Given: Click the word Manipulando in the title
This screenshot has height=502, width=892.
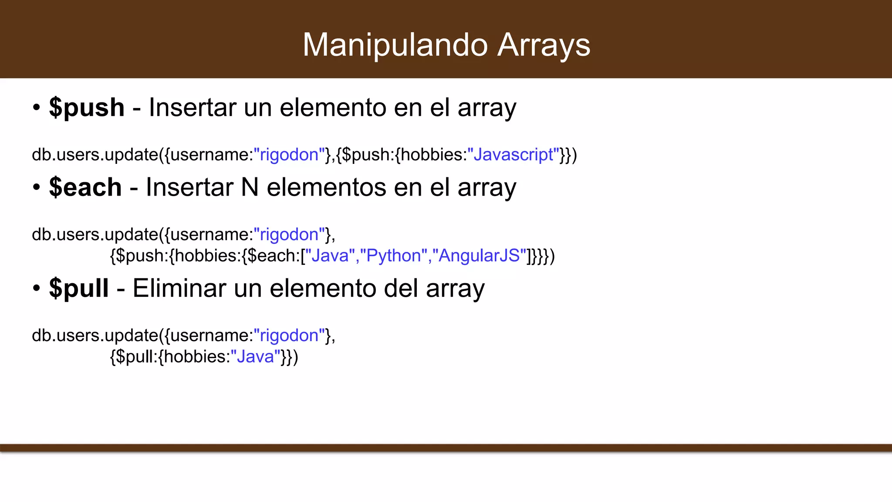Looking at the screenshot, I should pyautogui.click(x=395, y=45).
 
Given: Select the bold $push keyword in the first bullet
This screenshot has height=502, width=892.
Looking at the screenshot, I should pyautogui.click(x=87, y=107).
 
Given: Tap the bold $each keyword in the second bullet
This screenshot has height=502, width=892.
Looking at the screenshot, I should pyautogui.click(x=85, y=187).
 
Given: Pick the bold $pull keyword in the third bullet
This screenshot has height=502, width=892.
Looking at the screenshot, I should pyautogui.click(x=79, y=288).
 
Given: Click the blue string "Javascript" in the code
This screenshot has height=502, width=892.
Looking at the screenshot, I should pyautogui.click(x=513, y=155).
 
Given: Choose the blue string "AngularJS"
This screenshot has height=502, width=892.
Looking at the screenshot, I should pyautogui.click(x=479, y=256).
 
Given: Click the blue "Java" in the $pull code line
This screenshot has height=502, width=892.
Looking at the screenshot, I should pyautogui.click(x=255, y=357).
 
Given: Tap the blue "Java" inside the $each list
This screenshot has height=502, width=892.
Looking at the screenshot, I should pyautogui.click(x=330, y=256).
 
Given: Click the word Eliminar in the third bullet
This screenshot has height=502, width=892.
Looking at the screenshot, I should pyautogui.click(x=179, y=288).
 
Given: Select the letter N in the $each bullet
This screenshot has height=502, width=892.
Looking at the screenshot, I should pyautogui.click(x=250, y=187).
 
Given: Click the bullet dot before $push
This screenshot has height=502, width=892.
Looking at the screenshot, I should pyautogui.click(x=37, y=107).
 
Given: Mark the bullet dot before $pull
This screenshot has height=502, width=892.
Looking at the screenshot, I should pyautogui.click(x=37, y=288).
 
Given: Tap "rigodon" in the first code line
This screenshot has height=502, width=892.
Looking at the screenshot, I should pyautogui.click(x=289, y=155).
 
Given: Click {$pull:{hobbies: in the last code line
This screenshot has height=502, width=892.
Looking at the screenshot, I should pyautogui.click(x=170, y=357).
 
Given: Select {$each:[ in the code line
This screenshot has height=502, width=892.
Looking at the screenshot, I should pyautogui.click(x=273, y=256).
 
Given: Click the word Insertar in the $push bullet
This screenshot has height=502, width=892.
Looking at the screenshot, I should pyautogui.click(x=193, y=107).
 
